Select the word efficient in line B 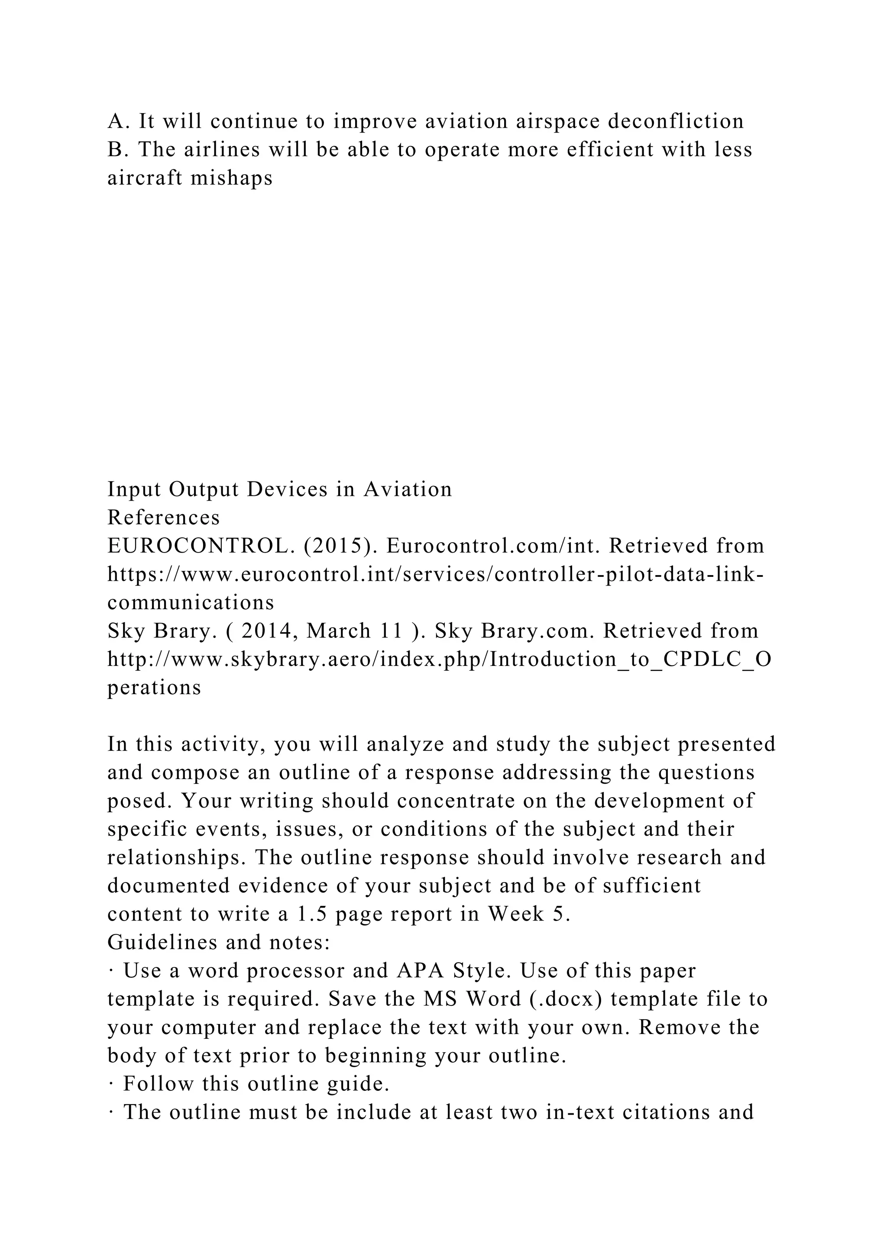[609, 150]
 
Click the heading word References [164, 517]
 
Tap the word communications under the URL [191, 602]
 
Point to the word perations [154, 688]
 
